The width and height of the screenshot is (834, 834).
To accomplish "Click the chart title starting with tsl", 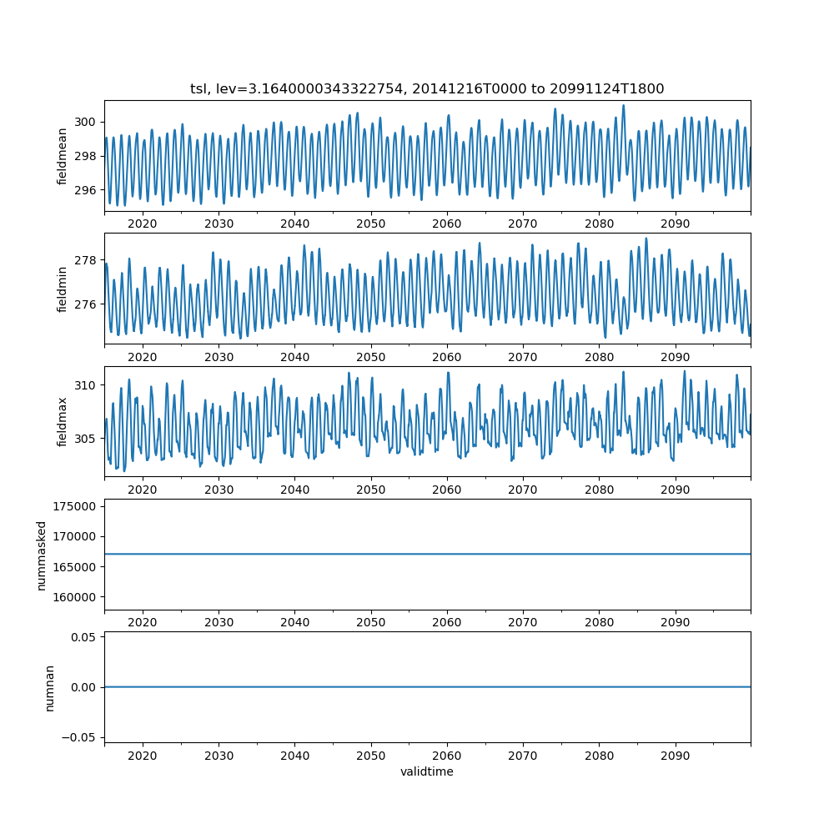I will click(x=427, y=89).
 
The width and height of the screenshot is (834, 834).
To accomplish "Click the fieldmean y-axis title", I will click(x=63, y=156).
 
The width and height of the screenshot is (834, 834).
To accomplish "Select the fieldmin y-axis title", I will click(x=63, y=289).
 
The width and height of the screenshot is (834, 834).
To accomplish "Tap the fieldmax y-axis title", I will click(x=63, y=421).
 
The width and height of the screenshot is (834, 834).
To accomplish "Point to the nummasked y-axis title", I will click(x=42, y=555).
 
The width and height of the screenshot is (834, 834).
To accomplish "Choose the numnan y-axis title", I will click(x=49, y=687).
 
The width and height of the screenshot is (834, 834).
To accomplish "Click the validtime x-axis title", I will click(x=427, y=772).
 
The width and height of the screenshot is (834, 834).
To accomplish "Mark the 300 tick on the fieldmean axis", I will click(x=86, y=122).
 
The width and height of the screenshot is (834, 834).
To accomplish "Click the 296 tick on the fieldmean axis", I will click(x=86, y=190).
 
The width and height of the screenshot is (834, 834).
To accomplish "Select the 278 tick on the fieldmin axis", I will click(x=86, y=260).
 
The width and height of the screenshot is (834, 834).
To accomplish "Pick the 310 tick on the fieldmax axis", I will click(x=86, y=385).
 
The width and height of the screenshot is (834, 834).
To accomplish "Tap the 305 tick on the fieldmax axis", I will click(x=86, y=439).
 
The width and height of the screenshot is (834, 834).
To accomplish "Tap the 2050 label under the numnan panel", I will click(x=371, y=755).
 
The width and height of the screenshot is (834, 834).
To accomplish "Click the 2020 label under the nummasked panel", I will click(x=143, y=622).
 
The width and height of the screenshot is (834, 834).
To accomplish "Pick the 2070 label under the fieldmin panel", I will click(x=523, y=357).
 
